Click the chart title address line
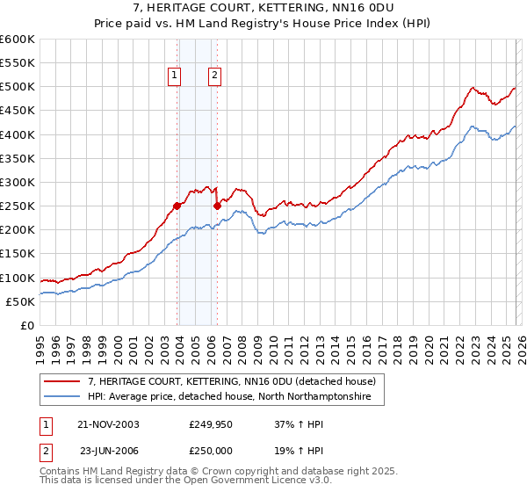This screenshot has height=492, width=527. coord(263,8)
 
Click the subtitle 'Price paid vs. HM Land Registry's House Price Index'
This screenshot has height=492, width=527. coord(263,23)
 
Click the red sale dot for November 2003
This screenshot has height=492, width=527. coord(177,206)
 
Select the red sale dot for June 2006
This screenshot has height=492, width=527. coord(218,206)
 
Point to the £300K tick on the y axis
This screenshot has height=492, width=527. coord(18,182)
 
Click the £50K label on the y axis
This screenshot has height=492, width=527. coord(20,301)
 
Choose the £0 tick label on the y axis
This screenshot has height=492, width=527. coord(26,325)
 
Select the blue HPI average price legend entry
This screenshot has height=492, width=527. coord(229,397)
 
